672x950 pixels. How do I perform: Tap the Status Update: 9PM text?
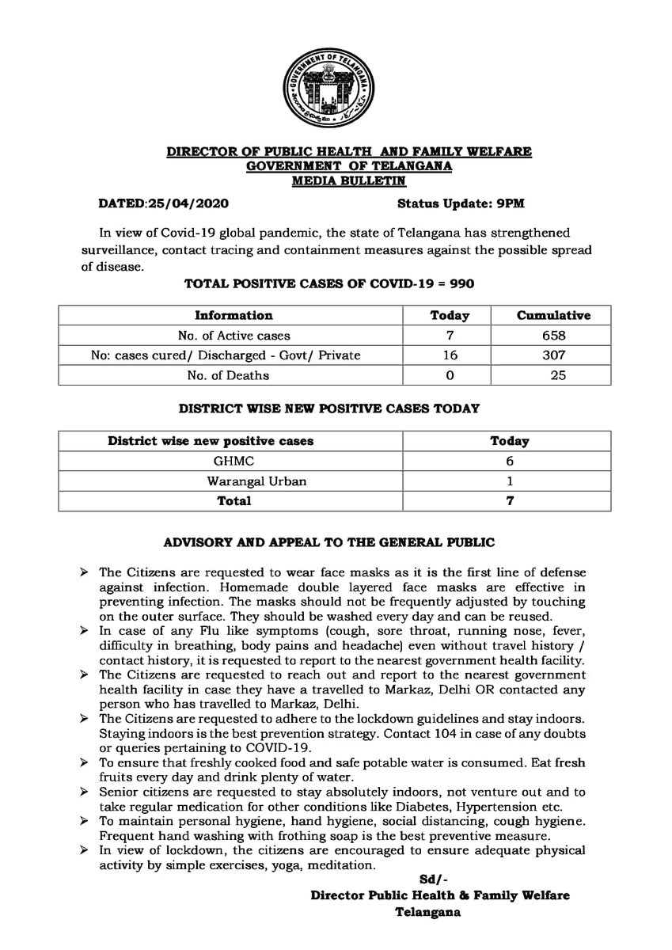point(459,203)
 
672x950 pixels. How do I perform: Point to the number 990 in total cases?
point(461,283)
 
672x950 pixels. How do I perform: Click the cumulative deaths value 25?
point(560,375)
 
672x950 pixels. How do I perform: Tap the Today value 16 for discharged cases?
point(449,355)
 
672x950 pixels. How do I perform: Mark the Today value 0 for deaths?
point(449,375)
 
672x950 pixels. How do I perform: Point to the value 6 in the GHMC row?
point(510,461)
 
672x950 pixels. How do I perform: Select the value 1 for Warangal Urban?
point(510,481)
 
